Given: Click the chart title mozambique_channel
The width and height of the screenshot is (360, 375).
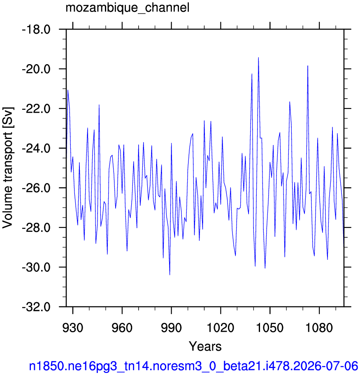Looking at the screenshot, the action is click(128, 8).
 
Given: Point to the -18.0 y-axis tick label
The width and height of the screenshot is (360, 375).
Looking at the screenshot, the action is click(36, 30).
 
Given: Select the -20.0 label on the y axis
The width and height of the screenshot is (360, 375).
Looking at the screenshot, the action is click(36, 69).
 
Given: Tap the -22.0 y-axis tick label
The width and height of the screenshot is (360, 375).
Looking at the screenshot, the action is click(36, 109).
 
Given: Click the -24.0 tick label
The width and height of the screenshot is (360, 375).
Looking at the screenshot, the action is click(36, 148).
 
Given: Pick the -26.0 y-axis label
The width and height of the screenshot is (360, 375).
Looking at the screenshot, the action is click(36, 188).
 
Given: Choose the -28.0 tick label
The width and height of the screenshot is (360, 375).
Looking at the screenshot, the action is click(36, 227).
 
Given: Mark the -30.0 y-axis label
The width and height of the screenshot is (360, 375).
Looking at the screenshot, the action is click(36, 267).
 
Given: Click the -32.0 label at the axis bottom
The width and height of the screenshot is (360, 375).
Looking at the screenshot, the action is click(36, 307).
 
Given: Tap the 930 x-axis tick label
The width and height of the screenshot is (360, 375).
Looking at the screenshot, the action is click(73, 328).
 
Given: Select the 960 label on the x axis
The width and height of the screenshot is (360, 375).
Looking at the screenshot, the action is click(122, 328).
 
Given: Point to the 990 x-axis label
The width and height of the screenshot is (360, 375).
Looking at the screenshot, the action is click(172, 328).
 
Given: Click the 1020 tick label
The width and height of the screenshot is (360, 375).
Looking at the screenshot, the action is click(221, 328).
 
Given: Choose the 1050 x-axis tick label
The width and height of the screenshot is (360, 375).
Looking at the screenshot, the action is click(270, 328).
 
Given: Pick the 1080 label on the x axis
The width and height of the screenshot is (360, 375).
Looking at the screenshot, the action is click(319, 328).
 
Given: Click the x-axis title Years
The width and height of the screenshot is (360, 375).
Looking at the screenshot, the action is click(205, 346).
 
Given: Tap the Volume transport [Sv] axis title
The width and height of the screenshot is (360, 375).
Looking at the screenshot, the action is click(8, 168).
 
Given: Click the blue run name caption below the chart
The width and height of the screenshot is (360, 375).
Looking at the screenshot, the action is click(193, 366).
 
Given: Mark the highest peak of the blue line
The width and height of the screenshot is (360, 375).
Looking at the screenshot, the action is click(258, 58).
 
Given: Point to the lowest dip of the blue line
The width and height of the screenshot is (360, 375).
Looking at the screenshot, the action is click(170, 275).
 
